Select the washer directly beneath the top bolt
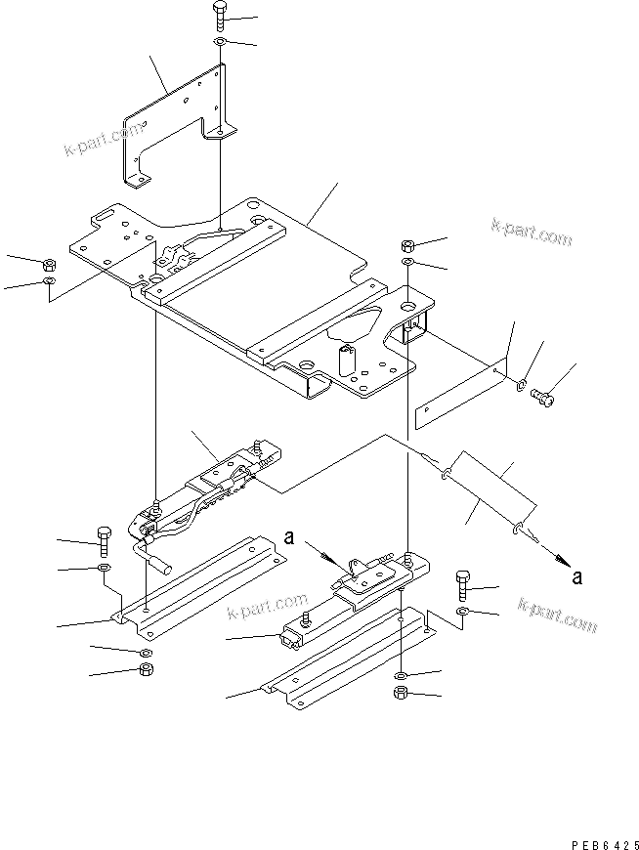pos(219,44)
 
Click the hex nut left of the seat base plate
pos(48,263)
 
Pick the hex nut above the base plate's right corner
pos(407,244)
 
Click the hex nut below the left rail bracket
pos(145,669)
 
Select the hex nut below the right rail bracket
pos(402,695)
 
